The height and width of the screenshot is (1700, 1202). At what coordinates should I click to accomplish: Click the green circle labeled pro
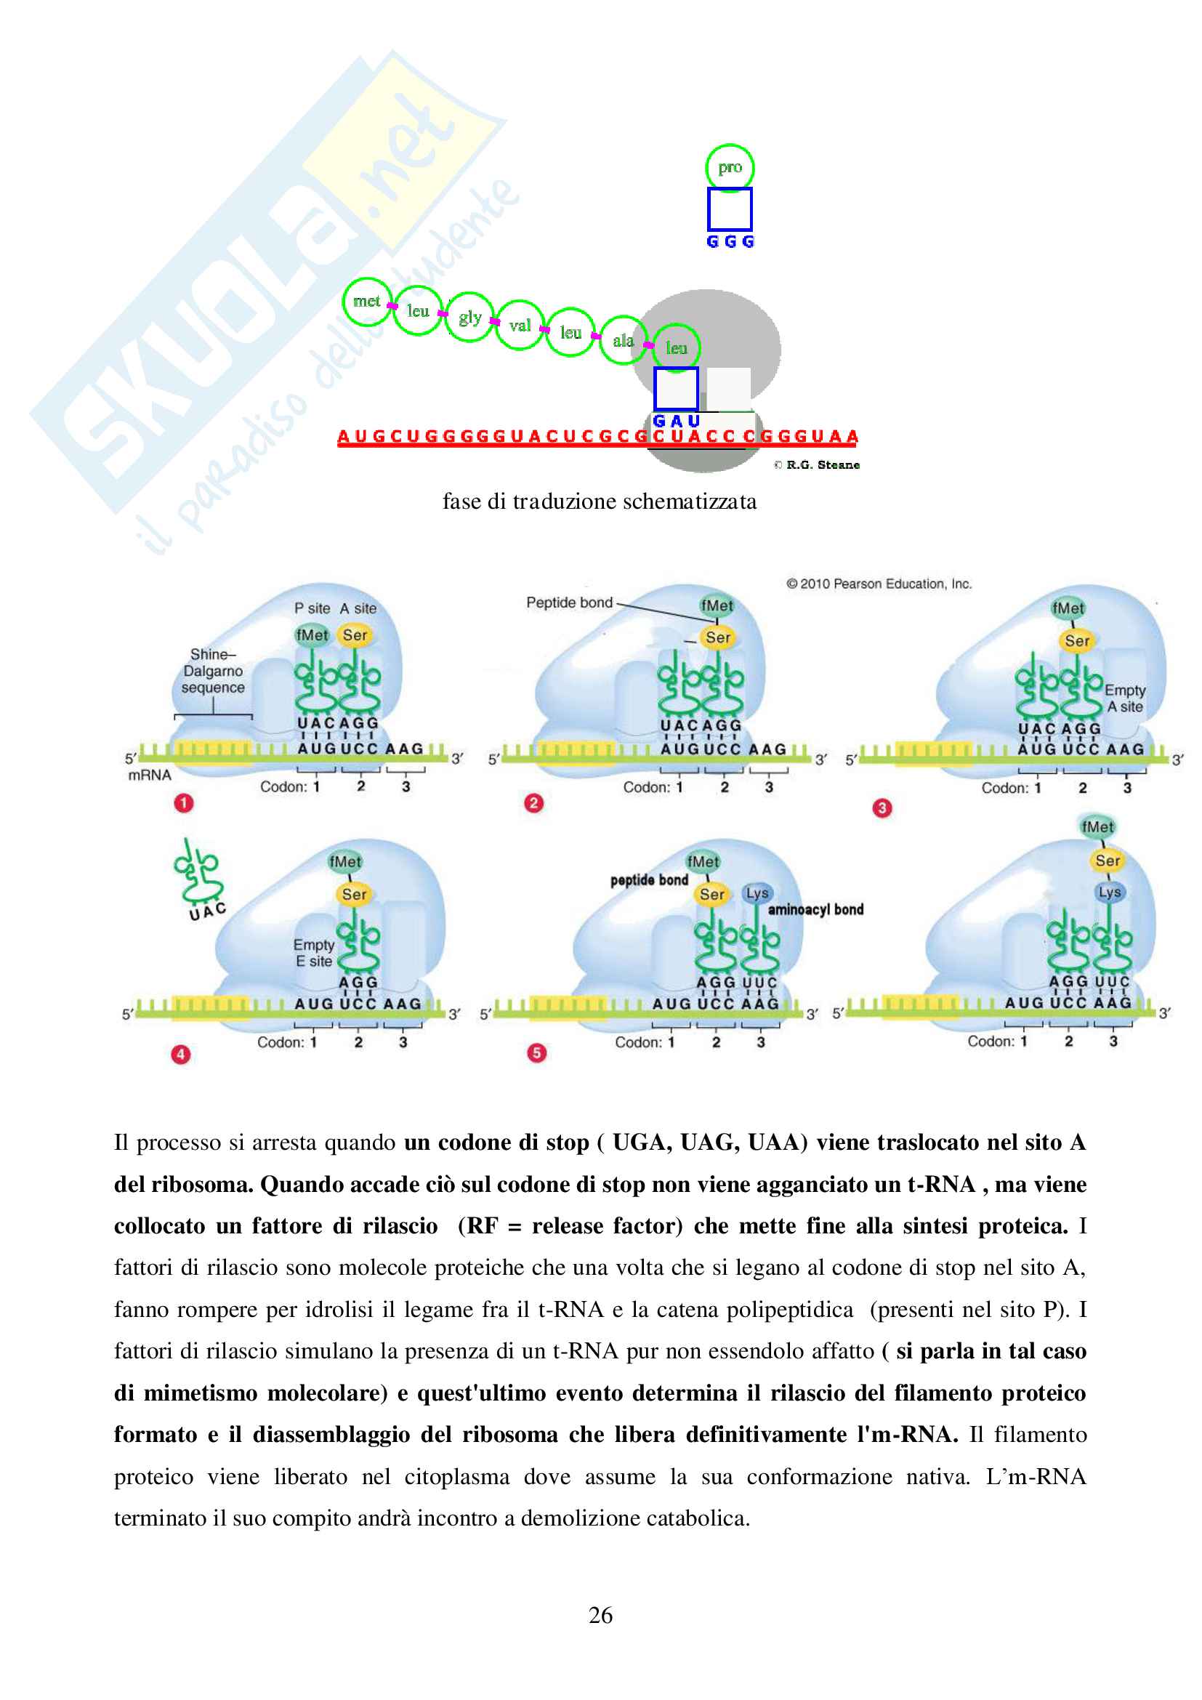coord(729,168)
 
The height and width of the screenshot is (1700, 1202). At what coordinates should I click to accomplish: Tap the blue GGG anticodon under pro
coord(730,242)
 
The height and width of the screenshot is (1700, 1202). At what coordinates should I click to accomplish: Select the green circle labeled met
coord(366,302)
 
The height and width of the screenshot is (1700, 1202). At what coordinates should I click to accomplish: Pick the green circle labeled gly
coord(469,318)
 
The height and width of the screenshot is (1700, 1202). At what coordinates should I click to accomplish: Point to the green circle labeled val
coord(520,325)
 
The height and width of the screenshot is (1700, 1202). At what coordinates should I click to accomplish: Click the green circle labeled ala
coord(623,340)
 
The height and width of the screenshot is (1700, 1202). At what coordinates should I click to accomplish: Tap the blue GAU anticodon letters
coord(676,422)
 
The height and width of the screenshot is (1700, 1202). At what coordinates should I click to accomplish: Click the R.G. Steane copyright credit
coord(817,465)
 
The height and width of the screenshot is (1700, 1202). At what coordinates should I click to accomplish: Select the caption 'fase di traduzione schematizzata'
coord(600,502)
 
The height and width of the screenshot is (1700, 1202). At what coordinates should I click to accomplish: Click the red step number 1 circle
coord(184,802)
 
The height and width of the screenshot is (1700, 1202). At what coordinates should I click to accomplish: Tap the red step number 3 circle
coord(882,807)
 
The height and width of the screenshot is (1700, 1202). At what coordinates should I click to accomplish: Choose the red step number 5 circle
coord(536,1053)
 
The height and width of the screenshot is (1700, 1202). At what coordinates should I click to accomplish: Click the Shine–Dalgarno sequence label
coord(213,671)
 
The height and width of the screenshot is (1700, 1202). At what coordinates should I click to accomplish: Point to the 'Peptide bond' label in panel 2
coord(569,603)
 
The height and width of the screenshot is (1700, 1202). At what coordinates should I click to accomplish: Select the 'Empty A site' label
coord(1125,698)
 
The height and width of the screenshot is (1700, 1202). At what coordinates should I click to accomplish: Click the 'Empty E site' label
coord(314,953)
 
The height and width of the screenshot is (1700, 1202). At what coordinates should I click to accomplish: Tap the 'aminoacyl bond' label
coord(815,909)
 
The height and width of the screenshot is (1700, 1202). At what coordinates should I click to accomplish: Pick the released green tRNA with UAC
coord(198,877)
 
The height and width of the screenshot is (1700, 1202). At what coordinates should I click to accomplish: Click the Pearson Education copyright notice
coord(879,584)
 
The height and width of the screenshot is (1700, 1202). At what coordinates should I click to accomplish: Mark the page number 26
coord(600,1615)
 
